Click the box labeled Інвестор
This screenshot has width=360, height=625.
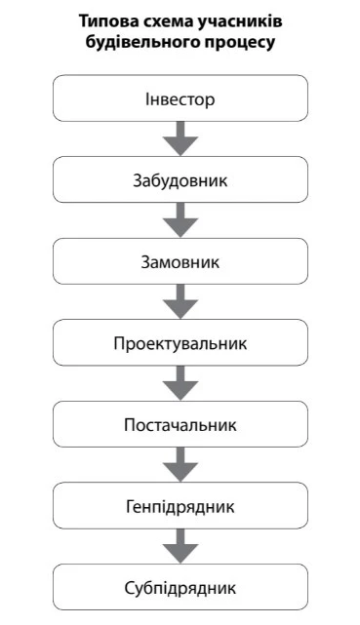(180, 99)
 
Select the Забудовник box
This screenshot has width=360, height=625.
(180, 180)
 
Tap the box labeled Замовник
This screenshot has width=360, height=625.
(180, 262)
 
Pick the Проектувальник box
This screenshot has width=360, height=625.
(180, 344)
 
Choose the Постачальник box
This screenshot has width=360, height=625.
(180, 425)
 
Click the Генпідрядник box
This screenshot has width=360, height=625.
(180, 507)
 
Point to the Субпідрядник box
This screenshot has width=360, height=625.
(180, 589)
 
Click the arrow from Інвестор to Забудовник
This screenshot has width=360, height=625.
(180, 139)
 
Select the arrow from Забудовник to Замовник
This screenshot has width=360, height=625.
(180, 221)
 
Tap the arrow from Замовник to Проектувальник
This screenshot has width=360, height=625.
(180, 303)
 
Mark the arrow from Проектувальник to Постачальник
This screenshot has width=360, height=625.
(180, 385)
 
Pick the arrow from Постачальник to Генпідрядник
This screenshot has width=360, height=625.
(180, 466)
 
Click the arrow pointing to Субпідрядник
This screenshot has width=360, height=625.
(180, 548)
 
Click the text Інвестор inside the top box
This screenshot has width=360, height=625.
(180, 99)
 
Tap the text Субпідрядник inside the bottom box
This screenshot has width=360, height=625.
(180, 589)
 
